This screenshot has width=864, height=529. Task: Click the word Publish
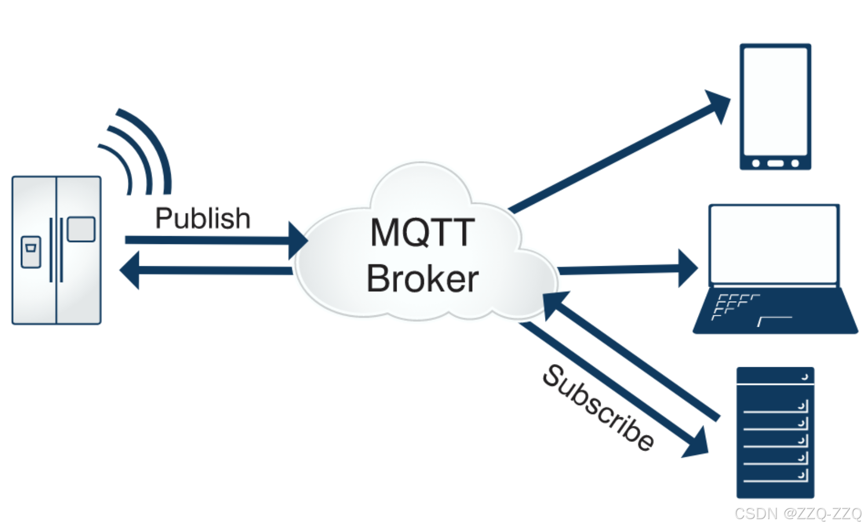tap(202, 218)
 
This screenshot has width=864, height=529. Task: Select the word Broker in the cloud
tap(422, 279)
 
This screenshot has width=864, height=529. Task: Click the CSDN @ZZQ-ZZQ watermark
tap(797, 513)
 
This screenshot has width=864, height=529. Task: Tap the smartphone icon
tap(775, 107)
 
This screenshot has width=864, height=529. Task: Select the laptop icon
tap(774, 268)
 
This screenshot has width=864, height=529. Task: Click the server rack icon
tap(775, 432)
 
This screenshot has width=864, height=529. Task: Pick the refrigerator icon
tap(56, 250)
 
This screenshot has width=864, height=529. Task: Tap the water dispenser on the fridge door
tap(31, 252)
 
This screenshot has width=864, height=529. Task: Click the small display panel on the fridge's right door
tap(81, 229)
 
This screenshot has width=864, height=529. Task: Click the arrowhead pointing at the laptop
tap(687, 268)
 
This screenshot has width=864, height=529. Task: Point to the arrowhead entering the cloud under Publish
tap(297, 240)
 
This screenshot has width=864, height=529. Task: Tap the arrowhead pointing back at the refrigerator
tap(130, 270)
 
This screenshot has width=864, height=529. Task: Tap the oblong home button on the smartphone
tap(775, 163)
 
